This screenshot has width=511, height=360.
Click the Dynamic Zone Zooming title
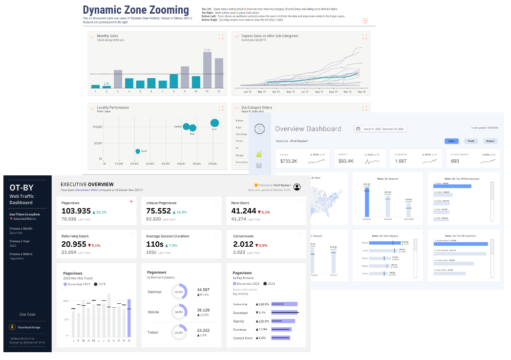136,10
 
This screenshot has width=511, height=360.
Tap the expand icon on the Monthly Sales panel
221,37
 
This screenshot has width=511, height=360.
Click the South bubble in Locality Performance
138,151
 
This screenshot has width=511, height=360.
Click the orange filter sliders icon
365,21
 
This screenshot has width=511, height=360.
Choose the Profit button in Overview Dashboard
470,141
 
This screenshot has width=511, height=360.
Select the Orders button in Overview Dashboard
490,141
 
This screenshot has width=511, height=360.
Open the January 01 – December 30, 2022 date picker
381,129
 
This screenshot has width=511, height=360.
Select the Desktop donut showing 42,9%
179,292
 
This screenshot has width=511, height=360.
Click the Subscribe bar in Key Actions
285,304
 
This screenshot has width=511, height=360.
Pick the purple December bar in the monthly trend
129,318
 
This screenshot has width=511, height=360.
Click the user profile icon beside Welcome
297,186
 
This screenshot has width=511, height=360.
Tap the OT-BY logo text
21,187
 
